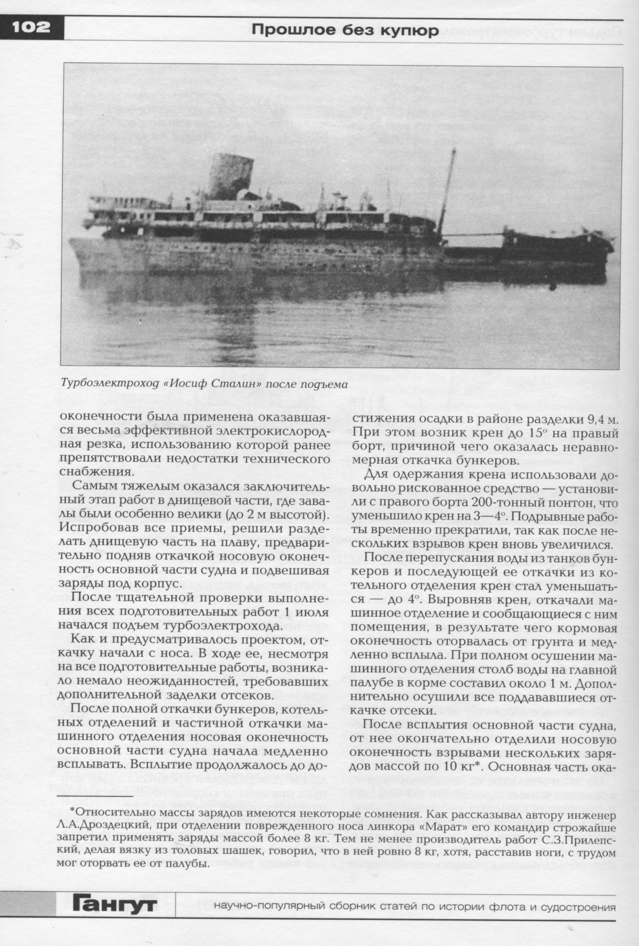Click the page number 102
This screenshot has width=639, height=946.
click(x=29, y=27)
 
